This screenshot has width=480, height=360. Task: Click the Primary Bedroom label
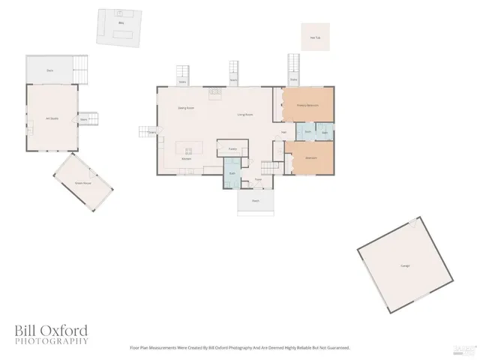tap(307, 105)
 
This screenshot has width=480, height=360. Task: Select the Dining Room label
tap(186, 108)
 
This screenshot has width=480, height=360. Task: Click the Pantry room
tap(232, 148)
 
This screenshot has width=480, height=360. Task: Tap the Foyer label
tap(257, 179)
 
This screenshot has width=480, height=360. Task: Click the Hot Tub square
tap(316, 37)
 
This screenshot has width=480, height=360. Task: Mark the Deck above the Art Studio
tap(49, 70)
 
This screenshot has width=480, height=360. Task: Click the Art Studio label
tap(52, 118)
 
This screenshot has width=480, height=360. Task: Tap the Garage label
tap(405, 265)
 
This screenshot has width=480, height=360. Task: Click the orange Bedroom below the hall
tap(310, 158)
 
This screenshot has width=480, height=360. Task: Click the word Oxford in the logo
tap(64, 330)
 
